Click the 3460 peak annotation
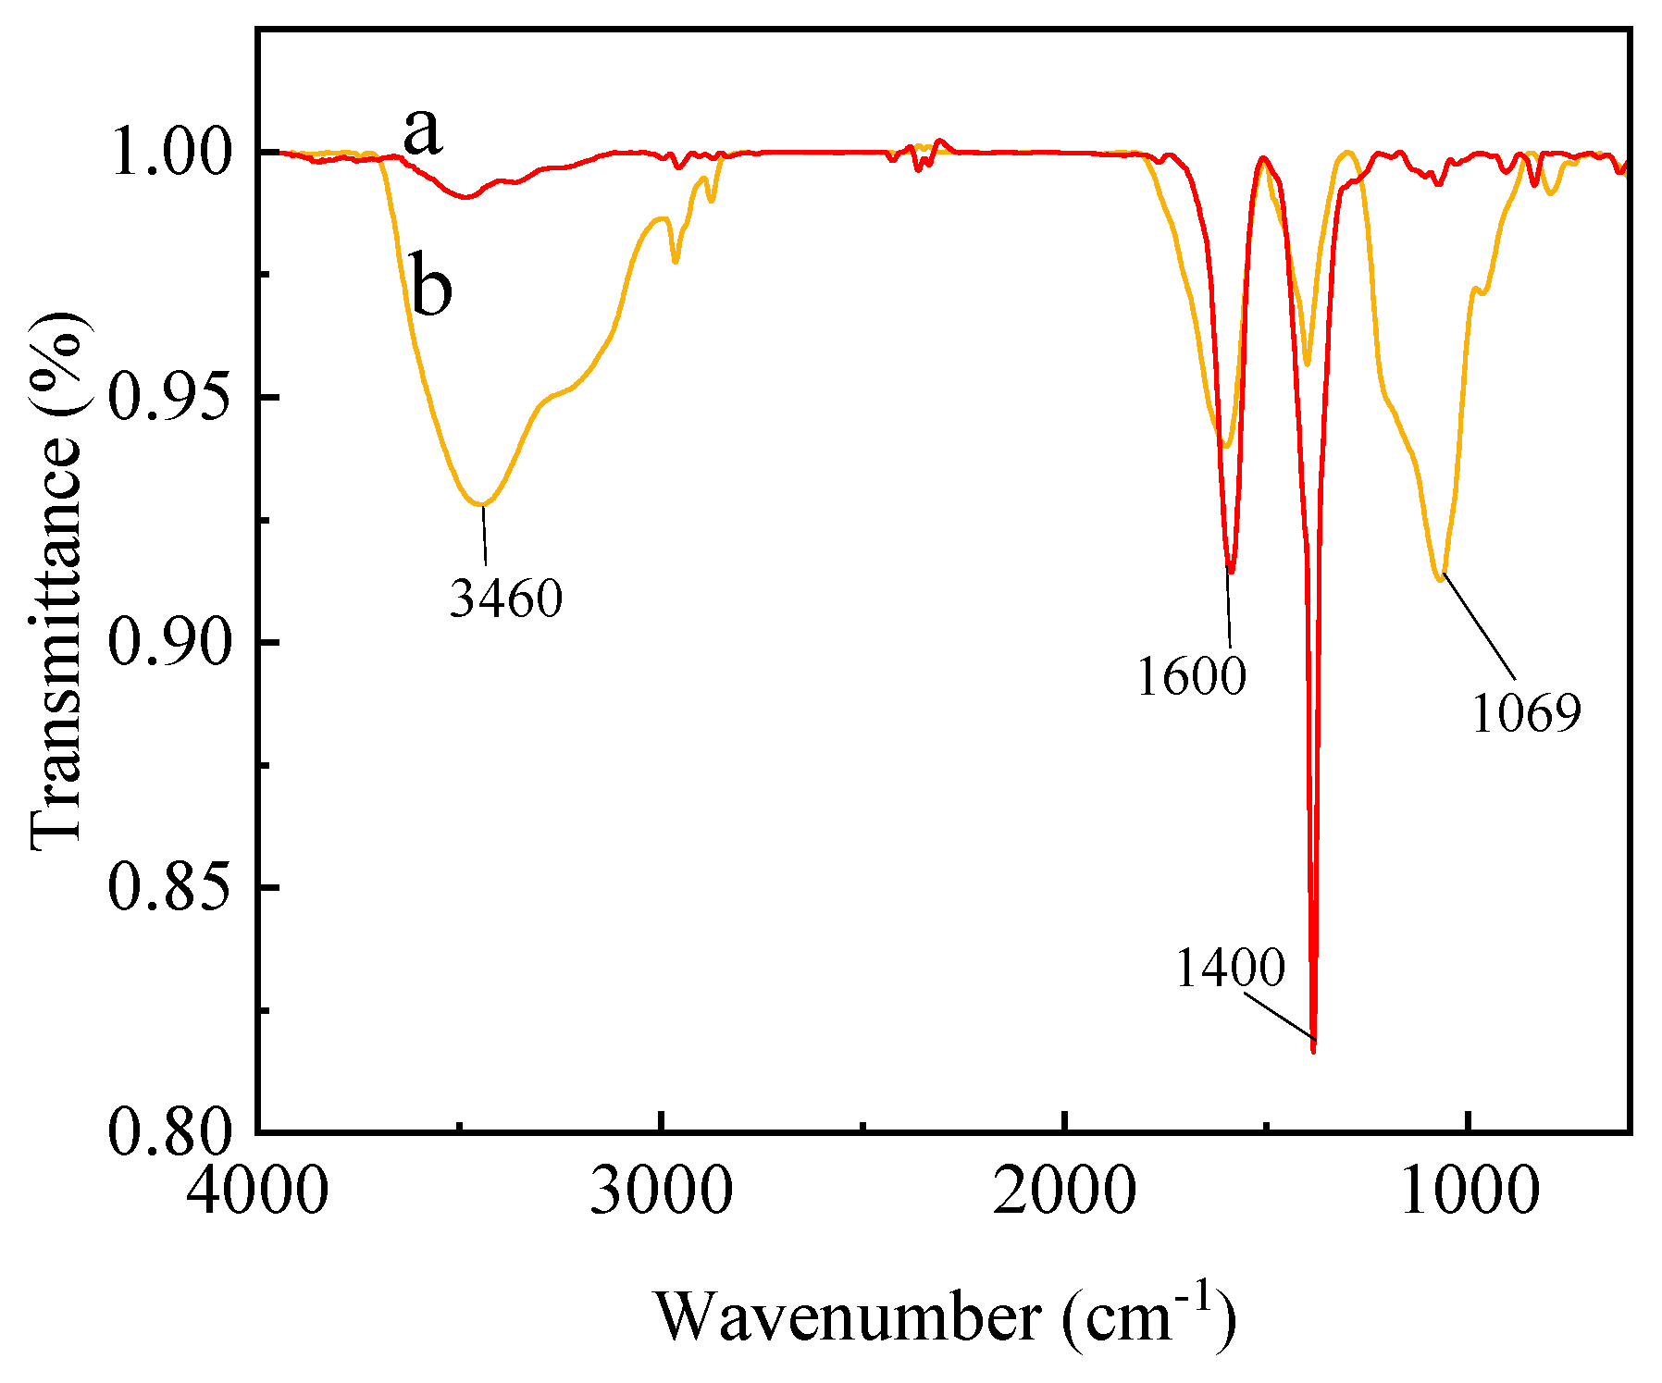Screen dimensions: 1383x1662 pyautogui.click(x=506, y=599)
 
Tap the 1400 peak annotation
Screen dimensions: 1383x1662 pyautogui.click(x=1231, y=969)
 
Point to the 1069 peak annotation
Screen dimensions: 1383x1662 pyautogui.click(x=1526, y=713)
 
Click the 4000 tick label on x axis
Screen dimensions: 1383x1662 pyautogui.click(x=257, y=1191)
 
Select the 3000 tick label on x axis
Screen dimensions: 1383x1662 pyautogui.click(x=661, y=1191)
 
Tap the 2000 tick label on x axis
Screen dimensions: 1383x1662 pyautogui.click(x=1065, y=1191)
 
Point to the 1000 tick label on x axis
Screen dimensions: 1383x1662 pyautogui.click(x=1470, y=1191)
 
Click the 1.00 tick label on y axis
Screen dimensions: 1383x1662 pyautogui.click(x=168, y=154)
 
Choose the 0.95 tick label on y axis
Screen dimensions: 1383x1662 pyautogui.click(x=168, y=398)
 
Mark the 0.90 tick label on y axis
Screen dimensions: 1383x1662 pyautogui.click(x=168, y=643)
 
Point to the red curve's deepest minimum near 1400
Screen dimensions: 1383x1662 pyautogui.click(x=1313, y=1050)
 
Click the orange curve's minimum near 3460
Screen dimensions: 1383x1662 pyautogui.click(x=481, y=504)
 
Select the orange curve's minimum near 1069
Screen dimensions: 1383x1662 pyautogui.click(x=1440, y=579)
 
